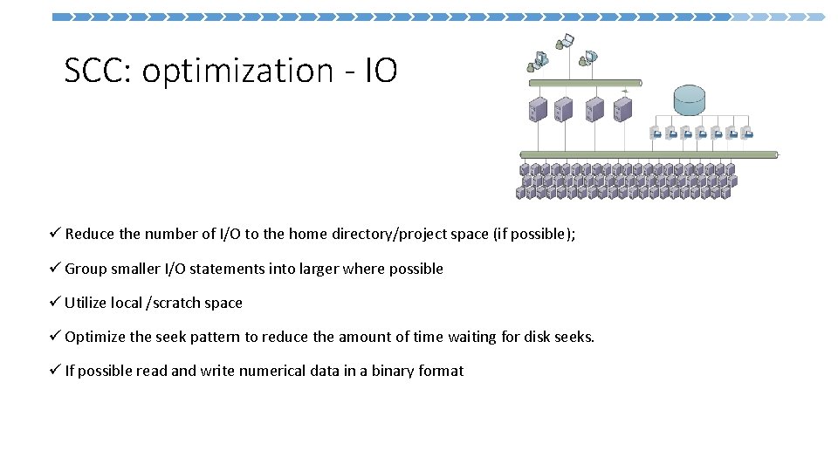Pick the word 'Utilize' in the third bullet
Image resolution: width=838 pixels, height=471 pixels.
pyautogui.click(x=86, y=303)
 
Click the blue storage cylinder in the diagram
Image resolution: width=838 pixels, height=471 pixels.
pyautogui.click(x=690, y=100)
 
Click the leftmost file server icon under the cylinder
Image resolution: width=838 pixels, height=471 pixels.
pyautogui.click(x=656, y=133)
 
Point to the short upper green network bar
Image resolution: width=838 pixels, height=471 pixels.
pyautogui.click(x=585, y=83)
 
